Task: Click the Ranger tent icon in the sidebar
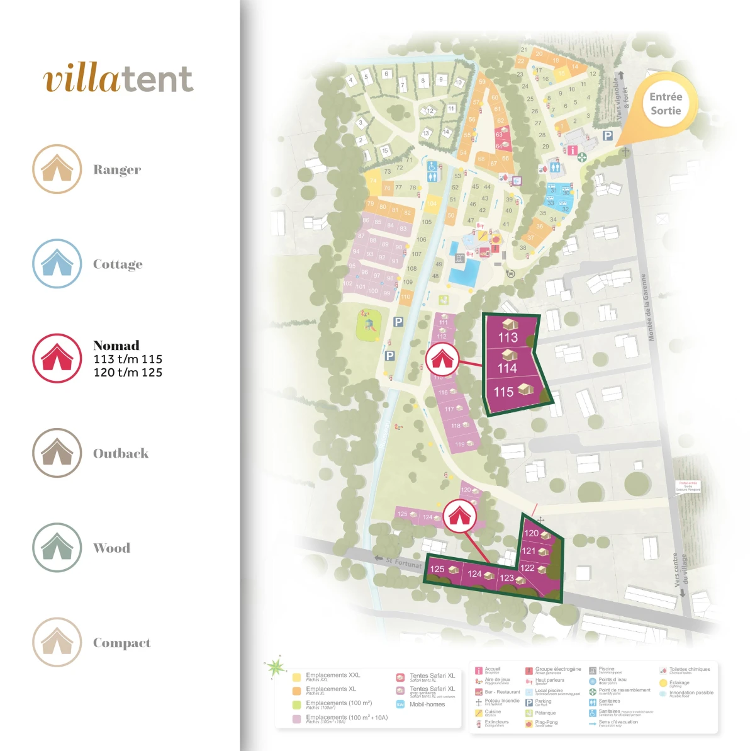click(x=57, y=169)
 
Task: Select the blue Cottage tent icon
click(x=57, y=263)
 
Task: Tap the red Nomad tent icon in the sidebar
click(x=57, y=358)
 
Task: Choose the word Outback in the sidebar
click(x=121, y=453)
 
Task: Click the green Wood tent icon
click(x=57, y=547)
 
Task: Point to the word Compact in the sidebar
click(x=122, y=643)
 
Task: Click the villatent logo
click(x=118, y=79)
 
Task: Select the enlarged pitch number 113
click(x=508, y=337)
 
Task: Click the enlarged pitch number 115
click(x=503, y=392)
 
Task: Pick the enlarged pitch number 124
click(x=474, y=574)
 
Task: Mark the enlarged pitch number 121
click(x=528, y=551)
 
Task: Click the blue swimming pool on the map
click(x=464, y=272)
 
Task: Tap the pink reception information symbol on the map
click(x=572, y=150)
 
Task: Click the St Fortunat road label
click(x=403, y=563)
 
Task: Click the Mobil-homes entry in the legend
click(x=427, y=704)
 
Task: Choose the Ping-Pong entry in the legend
click(x=546, y=723)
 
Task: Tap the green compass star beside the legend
click(x=276, y=667)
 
